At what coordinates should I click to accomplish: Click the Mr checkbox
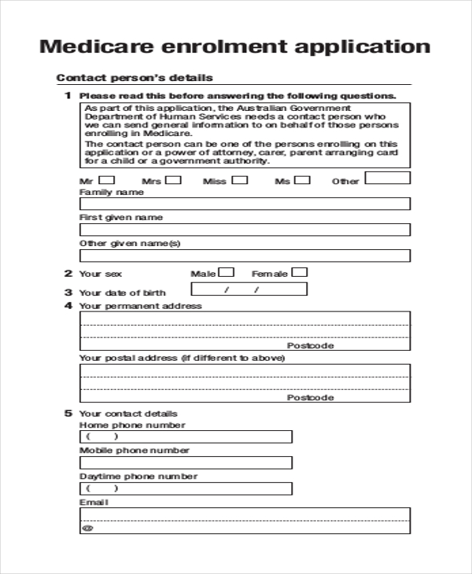point(105,179)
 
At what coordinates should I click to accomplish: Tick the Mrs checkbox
point(173,179)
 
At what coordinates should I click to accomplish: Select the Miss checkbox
point(240,179)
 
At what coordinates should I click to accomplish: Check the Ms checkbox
point(302,179)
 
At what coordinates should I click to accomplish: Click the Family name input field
point(245,204)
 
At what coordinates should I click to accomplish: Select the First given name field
point(245,230)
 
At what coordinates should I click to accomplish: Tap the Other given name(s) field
point(245,256)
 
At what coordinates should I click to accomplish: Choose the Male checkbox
point(227,273)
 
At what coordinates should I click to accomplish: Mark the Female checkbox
point(300,273)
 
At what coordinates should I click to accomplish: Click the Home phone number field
point(186,436)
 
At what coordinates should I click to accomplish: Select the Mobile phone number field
point(186,462)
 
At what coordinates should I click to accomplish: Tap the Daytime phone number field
point(186,488)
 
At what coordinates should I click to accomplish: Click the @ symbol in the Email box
point(87,528)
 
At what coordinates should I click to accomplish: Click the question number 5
point(68,413)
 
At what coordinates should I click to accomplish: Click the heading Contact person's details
point(135,78)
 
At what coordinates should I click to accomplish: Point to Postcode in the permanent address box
point(310,345)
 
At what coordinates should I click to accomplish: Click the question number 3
point(68,292)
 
